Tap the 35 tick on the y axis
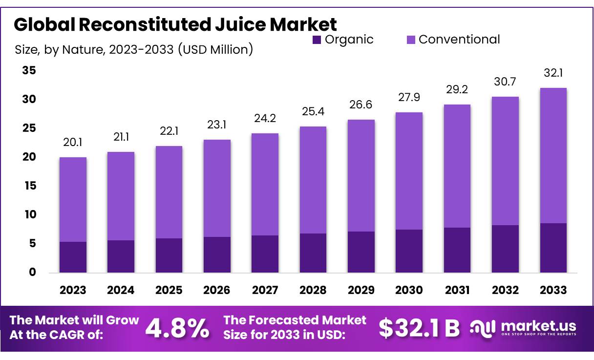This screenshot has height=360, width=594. tap(29, 71)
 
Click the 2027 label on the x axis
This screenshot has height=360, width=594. tap(265, 290)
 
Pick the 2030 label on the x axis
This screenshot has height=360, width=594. tap(409, 290)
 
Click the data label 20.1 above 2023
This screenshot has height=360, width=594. tap(73, 143)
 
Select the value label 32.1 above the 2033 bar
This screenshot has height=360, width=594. tap(553, 73)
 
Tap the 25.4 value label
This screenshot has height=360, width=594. tap(313, 112)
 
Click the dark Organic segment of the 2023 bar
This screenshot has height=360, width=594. tap(73, 257)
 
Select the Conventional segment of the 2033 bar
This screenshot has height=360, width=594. tap(553, 155)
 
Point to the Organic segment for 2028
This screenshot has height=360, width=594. tap(313, 253)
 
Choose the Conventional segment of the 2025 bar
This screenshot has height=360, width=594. tap(169, 192)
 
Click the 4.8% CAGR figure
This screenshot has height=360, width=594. tap(178, 329)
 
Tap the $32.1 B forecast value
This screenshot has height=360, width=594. tap(419, 329)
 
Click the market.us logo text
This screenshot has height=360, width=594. tap(538, 326)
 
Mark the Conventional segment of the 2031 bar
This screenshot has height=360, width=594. tap(457, 166)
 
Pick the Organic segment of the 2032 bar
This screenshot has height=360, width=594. tap(505, 249)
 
